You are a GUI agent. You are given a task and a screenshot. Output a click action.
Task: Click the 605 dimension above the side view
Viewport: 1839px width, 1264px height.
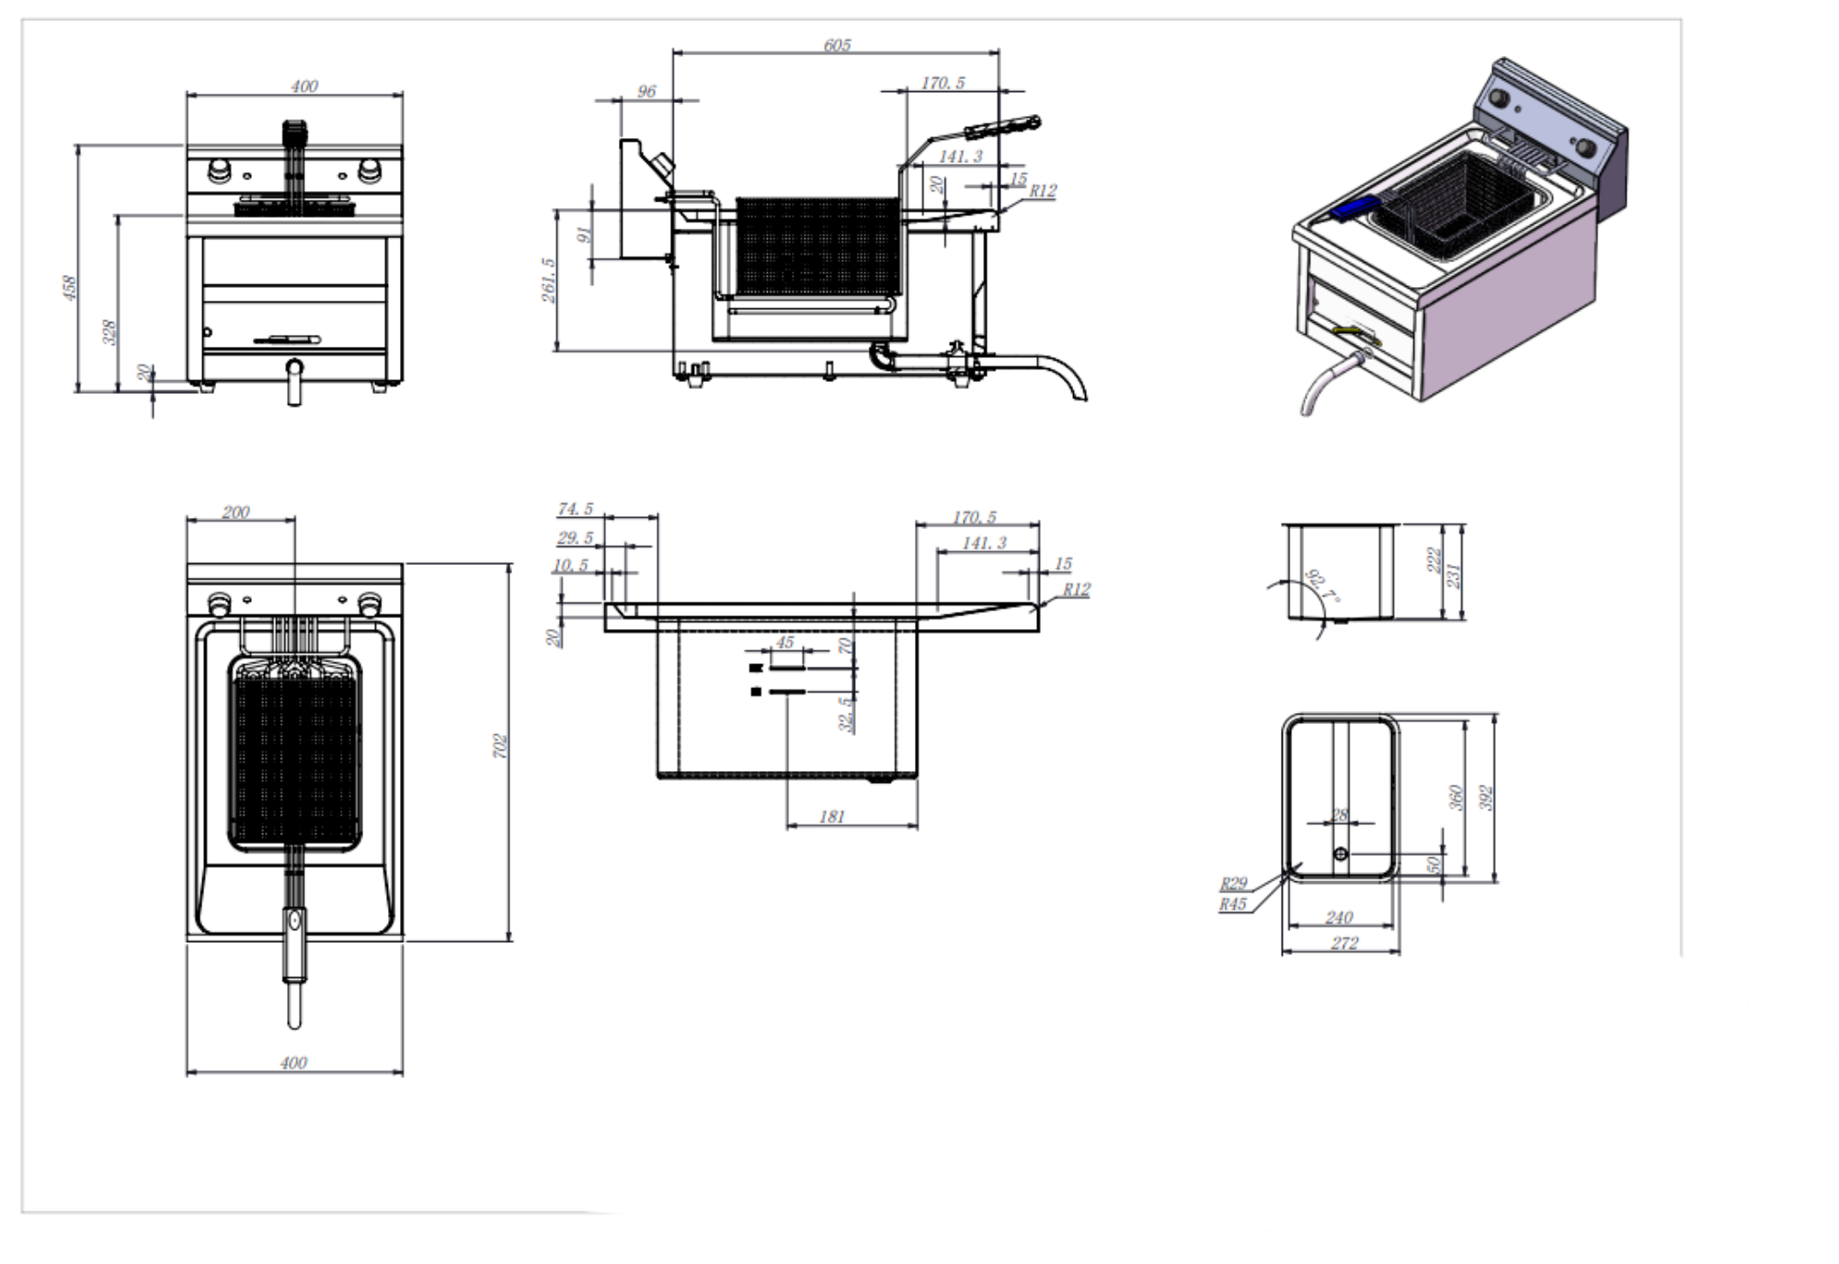click(x=837, y=45)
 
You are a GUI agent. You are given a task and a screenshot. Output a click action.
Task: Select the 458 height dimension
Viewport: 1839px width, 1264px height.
click(x=70, y=287)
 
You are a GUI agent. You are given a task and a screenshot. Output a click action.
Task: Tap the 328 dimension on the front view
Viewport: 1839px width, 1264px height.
click(x=110, y=331)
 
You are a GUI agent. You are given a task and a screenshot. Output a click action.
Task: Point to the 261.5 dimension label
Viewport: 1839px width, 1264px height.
click(x=549, y=280)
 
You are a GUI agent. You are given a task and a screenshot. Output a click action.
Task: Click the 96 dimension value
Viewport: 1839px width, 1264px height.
click(x=646, y=91)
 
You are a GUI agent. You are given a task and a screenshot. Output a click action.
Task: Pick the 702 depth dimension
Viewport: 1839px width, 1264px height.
click(x=499, y=745)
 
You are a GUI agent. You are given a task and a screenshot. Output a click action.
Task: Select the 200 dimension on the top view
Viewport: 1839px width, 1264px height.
click(x=235, y=512)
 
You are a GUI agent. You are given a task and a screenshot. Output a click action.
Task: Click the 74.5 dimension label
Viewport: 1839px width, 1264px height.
click(x=576, y=510)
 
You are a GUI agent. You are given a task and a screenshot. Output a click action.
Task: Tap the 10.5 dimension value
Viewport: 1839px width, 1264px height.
click(x=570, y=565)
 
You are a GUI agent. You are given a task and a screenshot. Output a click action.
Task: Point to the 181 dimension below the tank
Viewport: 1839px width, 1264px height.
click(x=831, y=817)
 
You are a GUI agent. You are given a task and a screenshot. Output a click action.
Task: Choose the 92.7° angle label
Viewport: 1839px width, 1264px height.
click(x=1321, y=587)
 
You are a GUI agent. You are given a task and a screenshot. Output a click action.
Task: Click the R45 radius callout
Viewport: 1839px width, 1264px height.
click(x=1233, y=904)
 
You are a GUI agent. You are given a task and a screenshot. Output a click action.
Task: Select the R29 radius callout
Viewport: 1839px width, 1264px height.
click(x=1233, y=884)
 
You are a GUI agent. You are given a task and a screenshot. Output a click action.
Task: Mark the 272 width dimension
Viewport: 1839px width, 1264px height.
click(x=1343, y=943)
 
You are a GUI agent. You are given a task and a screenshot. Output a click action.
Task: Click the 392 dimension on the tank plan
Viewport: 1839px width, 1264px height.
click(x=1486, y=798)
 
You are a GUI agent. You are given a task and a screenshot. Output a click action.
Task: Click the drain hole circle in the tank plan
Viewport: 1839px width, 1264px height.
click(x=1341, y=855)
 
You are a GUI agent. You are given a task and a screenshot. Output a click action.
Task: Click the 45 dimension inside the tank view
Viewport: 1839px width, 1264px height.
click(x=784, y=642)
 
